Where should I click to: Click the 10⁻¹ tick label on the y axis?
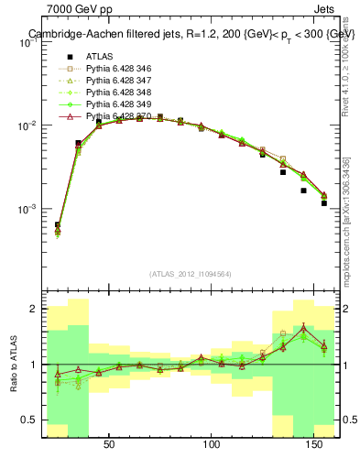[28, 41]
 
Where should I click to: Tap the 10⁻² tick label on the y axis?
[28, 125]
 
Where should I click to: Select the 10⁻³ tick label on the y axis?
[28, 209]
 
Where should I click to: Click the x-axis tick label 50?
[109, 444]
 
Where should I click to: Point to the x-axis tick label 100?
[213, 444]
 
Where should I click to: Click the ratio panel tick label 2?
[33, 310]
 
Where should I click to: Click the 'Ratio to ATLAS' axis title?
[12, 365]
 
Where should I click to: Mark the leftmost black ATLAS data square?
[57, 224]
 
